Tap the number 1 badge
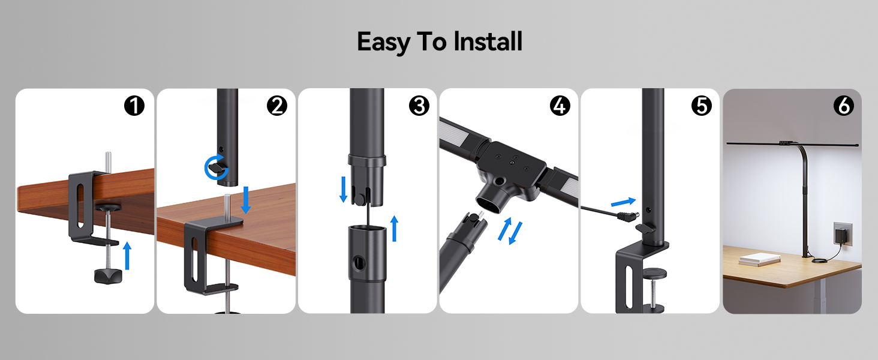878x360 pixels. pos(134,106)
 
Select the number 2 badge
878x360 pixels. pos(276,106)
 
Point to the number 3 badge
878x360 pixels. pos(419,106)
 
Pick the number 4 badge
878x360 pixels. pos(560,106)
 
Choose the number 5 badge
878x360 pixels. pos(700,106)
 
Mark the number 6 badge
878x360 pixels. pos(843,106)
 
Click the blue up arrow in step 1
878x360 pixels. pos(127,255)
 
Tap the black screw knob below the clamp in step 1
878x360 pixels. pos(109,275)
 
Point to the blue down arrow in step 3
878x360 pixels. pos(343,188)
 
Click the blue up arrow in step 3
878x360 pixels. pos(394,229)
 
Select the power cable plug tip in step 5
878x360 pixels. pos(630,216)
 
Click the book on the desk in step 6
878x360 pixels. pos(759,259)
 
